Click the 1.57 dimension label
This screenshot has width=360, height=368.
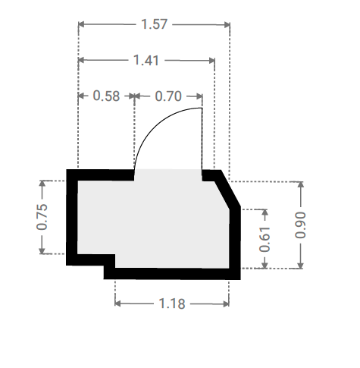click(154, 24)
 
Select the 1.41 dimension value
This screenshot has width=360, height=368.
click(146, 61)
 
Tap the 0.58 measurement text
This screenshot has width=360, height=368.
click(106, 96)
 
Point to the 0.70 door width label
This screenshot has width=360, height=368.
click(168, 96)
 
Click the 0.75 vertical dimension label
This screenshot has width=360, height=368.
click(42, 217)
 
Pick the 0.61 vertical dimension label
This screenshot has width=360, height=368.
click(265, 240)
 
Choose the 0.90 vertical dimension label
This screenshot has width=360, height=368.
click(300, 225)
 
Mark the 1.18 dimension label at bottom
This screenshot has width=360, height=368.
click(172, 304)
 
